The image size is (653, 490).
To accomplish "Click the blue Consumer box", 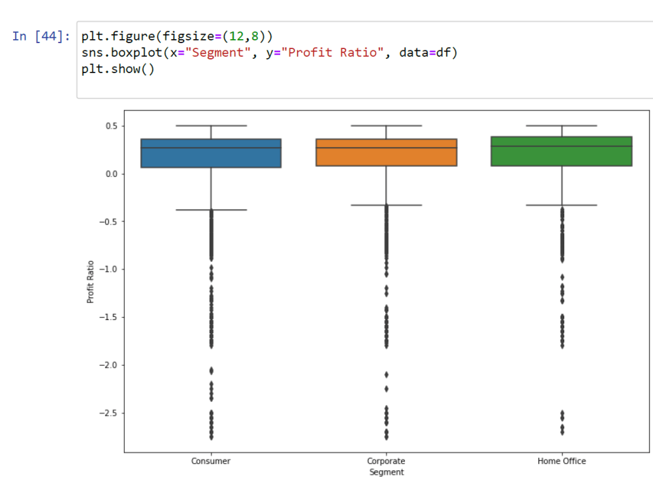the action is click(211, 154).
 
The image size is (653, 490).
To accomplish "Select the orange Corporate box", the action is click(387, 152).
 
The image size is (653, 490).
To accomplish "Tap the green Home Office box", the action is click(562, 152).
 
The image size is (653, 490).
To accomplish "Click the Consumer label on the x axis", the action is click(211, 461).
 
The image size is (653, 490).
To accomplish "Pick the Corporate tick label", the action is click(386, 461).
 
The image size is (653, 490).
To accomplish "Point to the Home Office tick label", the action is click(562, 461).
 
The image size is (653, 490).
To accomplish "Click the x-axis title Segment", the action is click(387, 472).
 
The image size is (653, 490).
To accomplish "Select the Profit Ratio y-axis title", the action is click(90, 282).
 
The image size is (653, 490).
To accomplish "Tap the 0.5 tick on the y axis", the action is click(112, 126).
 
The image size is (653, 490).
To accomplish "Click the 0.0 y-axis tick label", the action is click(112, 174).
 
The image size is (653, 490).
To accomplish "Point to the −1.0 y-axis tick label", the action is click(108, 269).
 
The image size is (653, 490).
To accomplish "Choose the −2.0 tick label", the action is click(108, 365).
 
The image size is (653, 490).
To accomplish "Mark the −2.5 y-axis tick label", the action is click(108, 413).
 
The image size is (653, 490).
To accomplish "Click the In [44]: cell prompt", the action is click(40, 36).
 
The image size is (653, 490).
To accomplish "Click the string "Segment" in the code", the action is click(218, 52).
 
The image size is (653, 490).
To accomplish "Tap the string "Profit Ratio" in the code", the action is click(332, 52).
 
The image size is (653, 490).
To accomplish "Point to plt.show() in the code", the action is click(118, 69).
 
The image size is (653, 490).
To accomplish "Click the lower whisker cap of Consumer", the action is click(211, 210).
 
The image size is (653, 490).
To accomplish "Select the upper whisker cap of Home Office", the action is click(562, 125).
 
